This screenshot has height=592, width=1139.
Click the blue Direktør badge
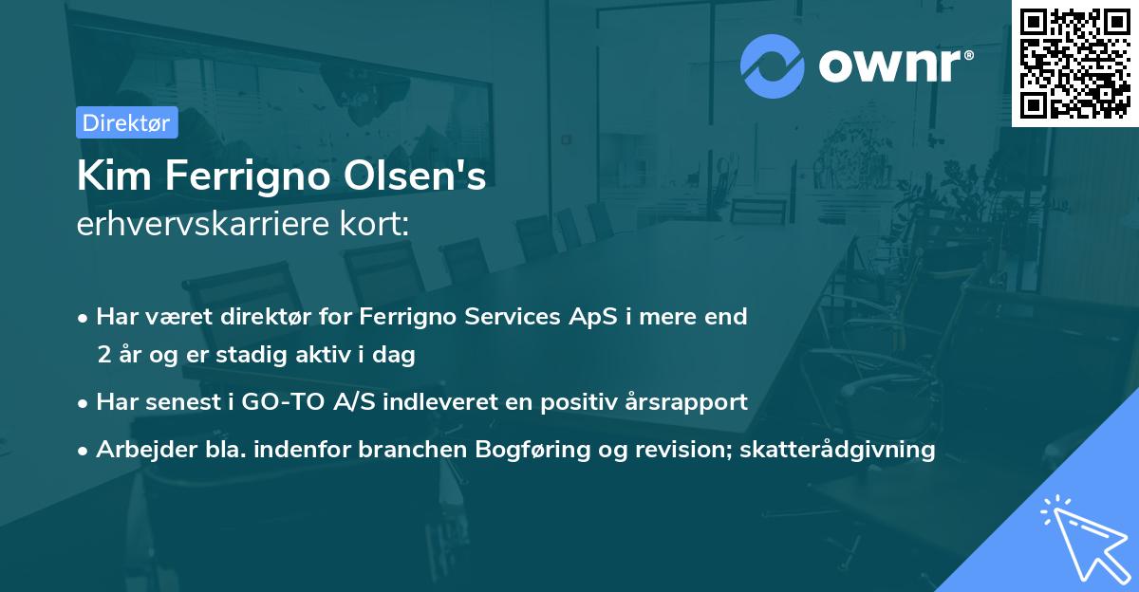126,122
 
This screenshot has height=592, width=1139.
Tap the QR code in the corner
1075,63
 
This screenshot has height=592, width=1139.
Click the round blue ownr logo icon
772,65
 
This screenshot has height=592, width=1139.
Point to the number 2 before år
103,355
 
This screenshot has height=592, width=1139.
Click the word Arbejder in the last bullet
138,450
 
